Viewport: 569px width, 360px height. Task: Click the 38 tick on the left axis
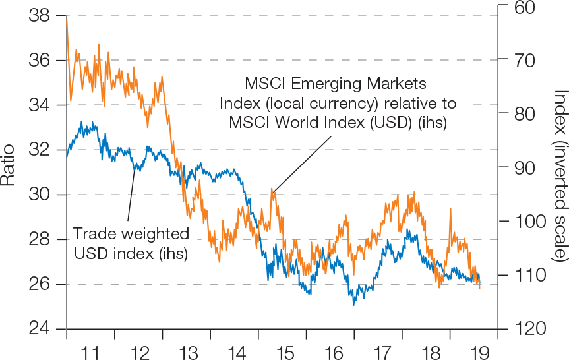click(39, 16)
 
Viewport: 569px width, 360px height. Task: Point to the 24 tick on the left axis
click(39, 329)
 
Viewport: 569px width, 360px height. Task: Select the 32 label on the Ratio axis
click(39, 150)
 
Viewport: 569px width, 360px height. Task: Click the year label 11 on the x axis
click(91, 352)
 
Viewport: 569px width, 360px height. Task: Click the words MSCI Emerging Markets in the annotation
click(336, 84)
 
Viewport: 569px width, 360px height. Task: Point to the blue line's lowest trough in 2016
click(354, 304)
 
